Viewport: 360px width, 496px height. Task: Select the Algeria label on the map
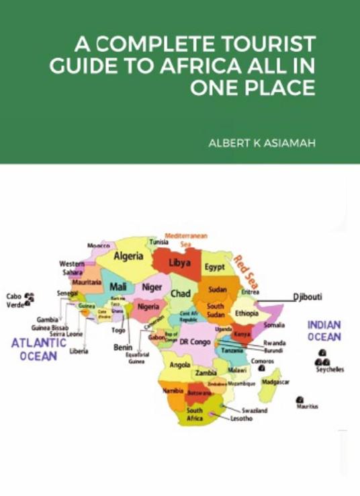128,256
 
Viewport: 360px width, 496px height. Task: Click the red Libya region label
179,262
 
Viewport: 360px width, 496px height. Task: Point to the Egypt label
215,267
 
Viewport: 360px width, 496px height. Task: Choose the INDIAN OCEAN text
324,331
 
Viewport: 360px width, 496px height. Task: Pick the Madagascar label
275,382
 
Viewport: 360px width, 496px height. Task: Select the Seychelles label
330,370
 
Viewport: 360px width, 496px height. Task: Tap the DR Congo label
195,341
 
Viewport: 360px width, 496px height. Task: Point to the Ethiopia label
246,313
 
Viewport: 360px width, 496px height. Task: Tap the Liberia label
79,351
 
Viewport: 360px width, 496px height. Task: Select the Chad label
180,294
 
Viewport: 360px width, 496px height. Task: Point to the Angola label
180,366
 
